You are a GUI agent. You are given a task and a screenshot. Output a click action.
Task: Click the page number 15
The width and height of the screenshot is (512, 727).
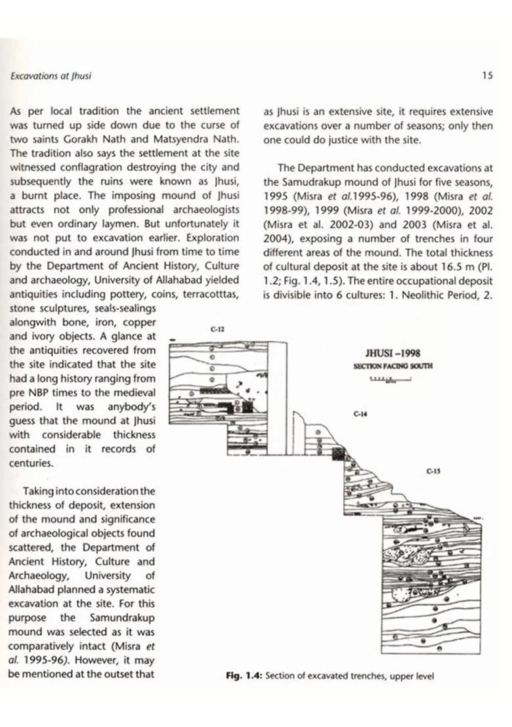point(486,76)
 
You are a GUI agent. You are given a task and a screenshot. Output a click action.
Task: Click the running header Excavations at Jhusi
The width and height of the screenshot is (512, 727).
point(51,76)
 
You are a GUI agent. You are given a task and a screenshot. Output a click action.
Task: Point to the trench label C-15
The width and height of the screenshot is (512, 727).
point(432,470)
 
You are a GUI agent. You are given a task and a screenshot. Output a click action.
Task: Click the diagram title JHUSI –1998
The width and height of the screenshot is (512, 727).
point(393,353)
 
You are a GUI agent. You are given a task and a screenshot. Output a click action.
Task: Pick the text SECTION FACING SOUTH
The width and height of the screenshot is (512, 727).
point(393,365)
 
